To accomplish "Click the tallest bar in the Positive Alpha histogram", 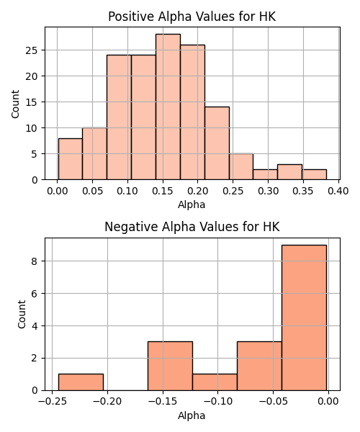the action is click(x=168, y=107).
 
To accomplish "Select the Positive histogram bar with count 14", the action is click(x=217, y=143).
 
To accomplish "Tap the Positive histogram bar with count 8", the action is click(x=71, y=159).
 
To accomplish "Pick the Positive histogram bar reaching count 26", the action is click(x=192, y=112).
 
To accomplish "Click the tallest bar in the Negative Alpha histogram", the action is click(x=304, y=318).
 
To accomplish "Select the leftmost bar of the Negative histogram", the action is click(x=81, y=382).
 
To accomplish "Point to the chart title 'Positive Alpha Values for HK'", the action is click(x=192, y=17).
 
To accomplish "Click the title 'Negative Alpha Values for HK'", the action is click(x=192, y=227).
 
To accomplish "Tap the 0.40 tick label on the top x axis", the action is click(x=338, y=191).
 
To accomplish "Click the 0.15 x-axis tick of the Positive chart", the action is click(x=163, y=191).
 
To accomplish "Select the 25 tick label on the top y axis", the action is click(x=32, y=50).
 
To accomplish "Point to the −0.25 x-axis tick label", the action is click(x=53, y=402).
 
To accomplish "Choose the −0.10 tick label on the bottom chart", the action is click(x=218, y=402).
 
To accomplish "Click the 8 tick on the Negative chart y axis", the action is click(x=34, y=261).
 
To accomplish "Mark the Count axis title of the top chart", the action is click(x=15, y=104).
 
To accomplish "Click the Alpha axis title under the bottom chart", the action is click(x=192, y=415).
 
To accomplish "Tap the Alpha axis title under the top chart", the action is click(x=192, y=204).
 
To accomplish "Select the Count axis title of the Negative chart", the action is click(x=22, y=315).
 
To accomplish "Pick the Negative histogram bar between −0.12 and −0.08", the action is click(x=215, y=382).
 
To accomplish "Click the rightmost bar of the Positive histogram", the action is click(x=314, y=175).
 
